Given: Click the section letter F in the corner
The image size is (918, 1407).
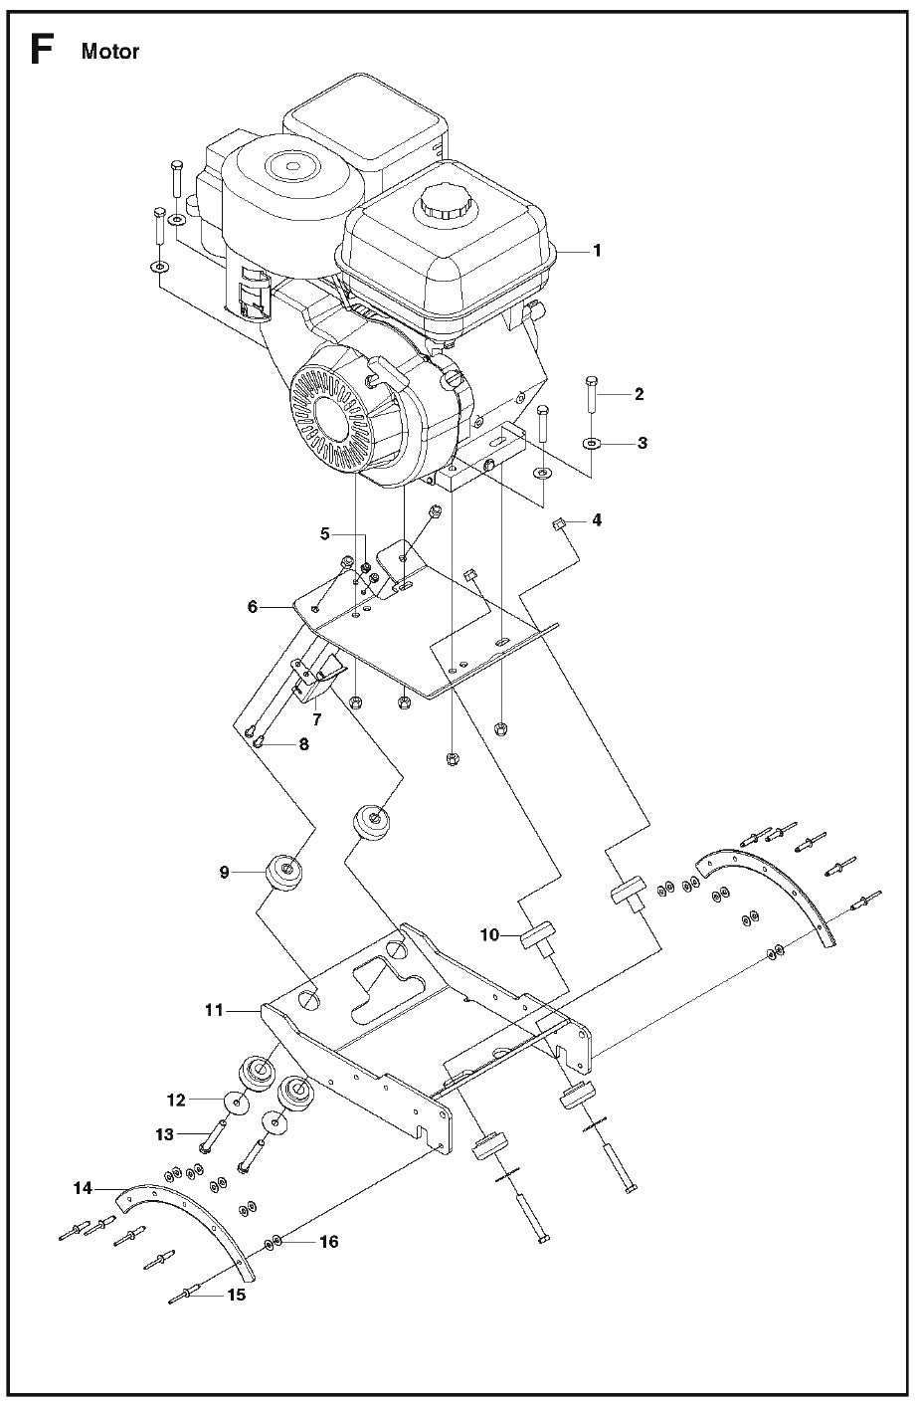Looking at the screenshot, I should (41, 49).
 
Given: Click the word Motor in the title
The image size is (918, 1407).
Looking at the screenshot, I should (110, 52).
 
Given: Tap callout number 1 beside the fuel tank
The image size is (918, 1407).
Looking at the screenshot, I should (597, 251).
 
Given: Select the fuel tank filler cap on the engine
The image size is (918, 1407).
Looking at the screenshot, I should (441, 207).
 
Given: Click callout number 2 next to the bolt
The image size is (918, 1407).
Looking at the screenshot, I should (639, 394).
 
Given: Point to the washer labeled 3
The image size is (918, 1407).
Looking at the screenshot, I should (592, 443).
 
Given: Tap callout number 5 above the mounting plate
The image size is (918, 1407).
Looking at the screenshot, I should (324, 533).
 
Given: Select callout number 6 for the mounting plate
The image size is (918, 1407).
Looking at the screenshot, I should (253, 605).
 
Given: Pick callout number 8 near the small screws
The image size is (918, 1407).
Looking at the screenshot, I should (303, 742).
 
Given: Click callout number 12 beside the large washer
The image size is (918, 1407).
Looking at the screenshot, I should (176, 1100).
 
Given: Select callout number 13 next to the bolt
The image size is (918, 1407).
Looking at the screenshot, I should (164, 1134).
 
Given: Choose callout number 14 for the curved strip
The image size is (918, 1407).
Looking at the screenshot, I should (84, 1187).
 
